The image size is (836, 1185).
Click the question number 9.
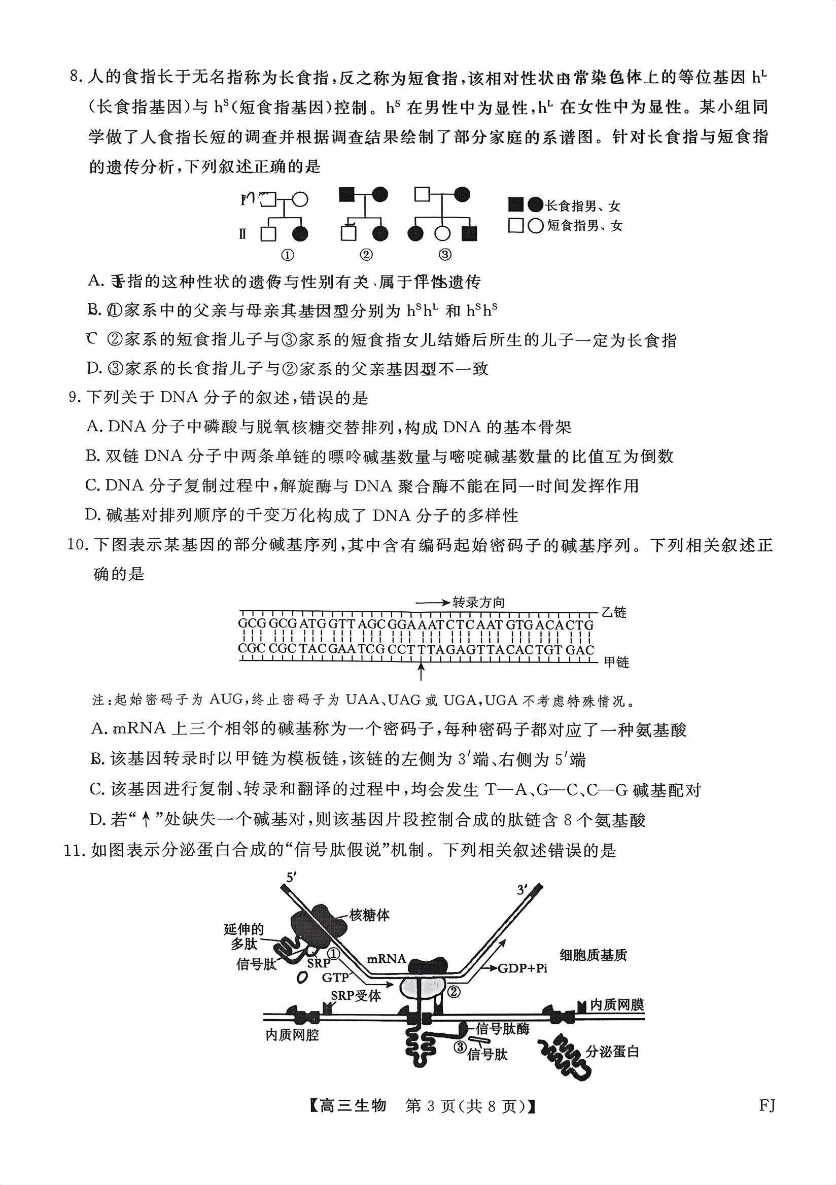pyautogui.click(x=74, y=397)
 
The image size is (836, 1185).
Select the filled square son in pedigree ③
pyautogui.click(x=469, y=234)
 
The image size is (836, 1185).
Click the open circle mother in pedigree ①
pyautogui.click(x=300, y=199)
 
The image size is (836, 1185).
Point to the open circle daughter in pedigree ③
pyautogui.click(x=442, y=234)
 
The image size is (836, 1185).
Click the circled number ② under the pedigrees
pyautogui.click(x=366, y=255)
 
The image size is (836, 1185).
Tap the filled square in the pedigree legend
pyautogui.click(x=515, y=205)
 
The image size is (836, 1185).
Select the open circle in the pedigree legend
pyautogui.click(x=536, y=226)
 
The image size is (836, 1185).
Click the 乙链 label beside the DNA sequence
pyautogui.click(x=614, y=612)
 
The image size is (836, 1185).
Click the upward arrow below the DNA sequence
pyautogui.click(x=421, y=672)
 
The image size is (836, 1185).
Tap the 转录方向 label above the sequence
pyautogui.click(x=478, y=602)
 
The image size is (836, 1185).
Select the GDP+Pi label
pyautogui.click(x=521, y=968)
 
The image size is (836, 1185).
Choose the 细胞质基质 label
pyautogui.click(x=593, y=955)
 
